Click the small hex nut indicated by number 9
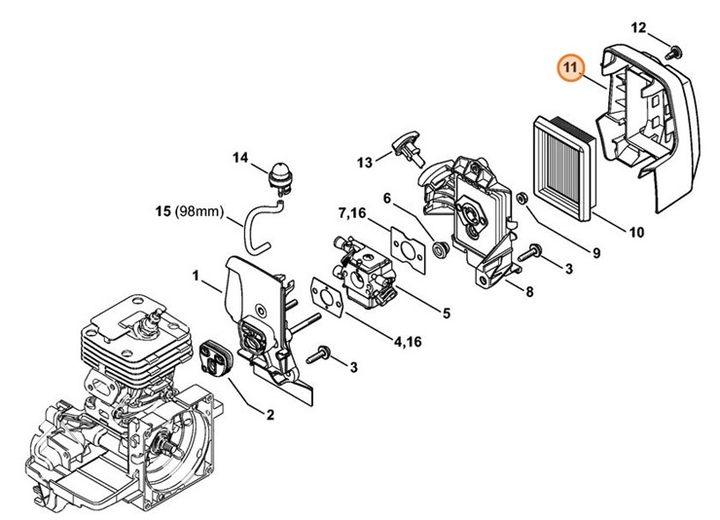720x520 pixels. pyautogui.click(x=522, y=201)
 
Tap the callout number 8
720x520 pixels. pyautogui.click(x=528, y=291)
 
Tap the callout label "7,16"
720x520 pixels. pyautogui.click(x=355, y=213)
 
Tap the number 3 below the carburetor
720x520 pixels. pyautogui.click(x=354, y=366)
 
